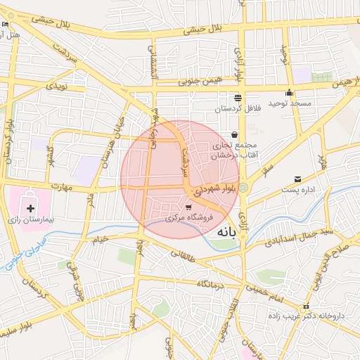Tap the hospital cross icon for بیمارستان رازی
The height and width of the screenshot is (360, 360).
[x=30, y=208]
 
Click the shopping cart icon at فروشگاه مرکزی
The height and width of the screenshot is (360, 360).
[x=188, y=207]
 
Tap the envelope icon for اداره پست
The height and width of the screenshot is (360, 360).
[x=298, y=180]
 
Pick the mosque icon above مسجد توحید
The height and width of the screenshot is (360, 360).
[x=289, y=93]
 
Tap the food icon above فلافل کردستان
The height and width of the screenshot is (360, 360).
[x=238, y=98]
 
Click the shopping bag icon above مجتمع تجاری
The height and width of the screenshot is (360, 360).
[x=233, y=135]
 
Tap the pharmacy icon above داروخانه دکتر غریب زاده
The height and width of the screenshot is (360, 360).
[x=305, y=307]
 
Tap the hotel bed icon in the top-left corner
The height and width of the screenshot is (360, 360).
[x=6, y=25]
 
